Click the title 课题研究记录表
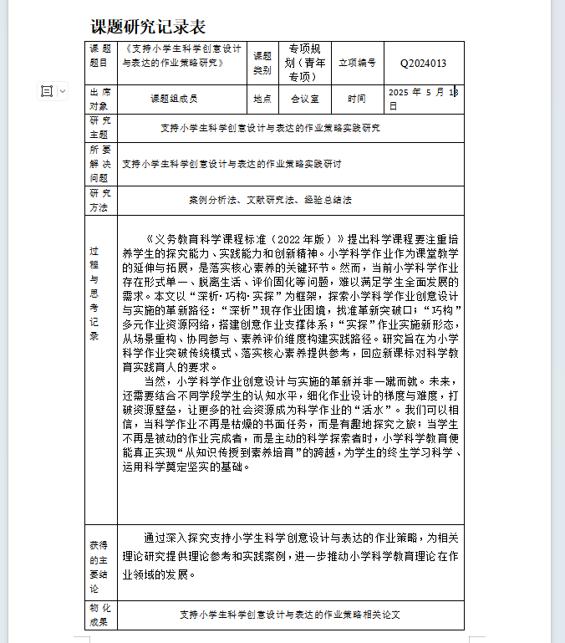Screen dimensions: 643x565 coord(147,28)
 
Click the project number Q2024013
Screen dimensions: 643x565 coord(423,63)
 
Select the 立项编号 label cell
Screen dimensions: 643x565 coord(357,63)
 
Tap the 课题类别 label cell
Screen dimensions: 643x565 coord(262,63)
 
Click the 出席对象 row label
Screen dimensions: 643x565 coord(100,99)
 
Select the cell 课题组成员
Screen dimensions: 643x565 coord(174,99)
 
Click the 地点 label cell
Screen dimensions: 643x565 coord(262,99)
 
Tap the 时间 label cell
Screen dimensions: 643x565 coord(357,99)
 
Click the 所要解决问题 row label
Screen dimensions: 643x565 coord(100,164)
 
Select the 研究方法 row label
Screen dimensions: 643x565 coord(100,201)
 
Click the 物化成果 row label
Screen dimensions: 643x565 coord(100,615)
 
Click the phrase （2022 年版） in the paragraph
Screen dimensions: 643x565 coord(308,237)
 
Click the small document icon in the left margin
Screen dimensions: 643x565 coord(47,91)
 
